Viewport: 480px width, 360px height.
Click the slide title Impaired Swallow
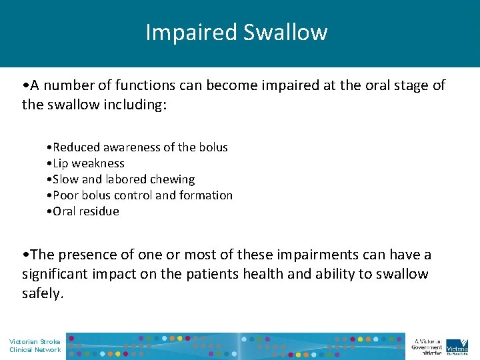pyautogui.click(x=237, y=33)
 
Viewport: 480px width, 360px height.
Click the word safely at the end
pyautogui.click(x=41, y=293)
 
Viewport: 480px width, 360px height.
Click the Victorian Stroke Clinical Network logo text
pyautogui.click(x=35, y=345)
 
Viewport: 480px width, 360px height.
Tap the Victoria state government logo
pyautogui.click(x=457, y=345)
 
